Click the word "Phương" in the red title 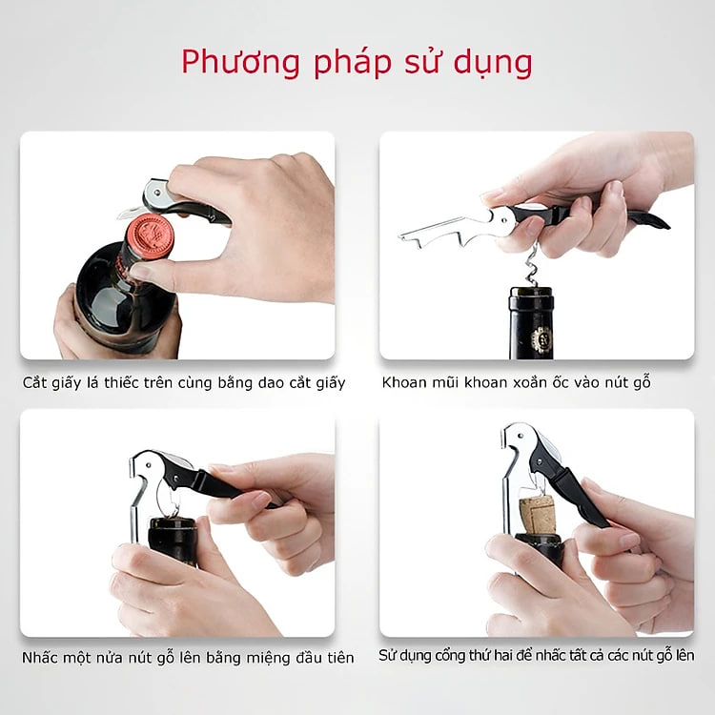tap(241, 63)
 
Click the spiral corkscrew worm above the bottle tap(532, 265)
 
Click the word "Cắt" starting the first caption tap(34, 382)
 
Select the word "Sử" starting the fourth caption tap(387, 656)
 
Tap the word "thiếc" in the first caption tap(121, 382)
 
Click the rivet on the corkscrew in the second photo tap(504, 221)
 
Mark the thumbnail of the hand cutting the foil tap(140, 273)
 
